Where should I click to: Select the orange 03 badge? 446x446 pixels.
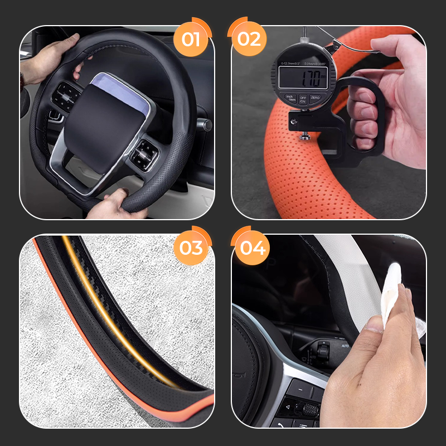pos(190,247)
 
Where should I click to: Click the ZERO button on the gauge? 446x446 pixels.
pos(316,99)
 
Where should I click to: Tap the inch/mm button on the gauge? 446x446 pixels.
pos(290,99)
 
